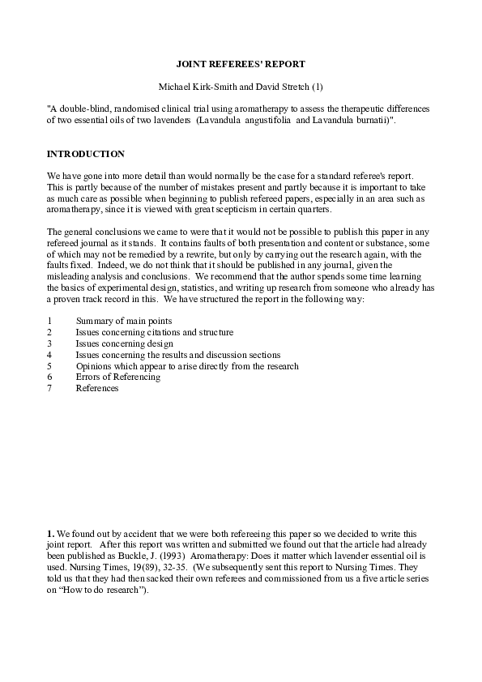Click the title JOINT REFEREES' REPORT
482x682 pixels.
[241, 63]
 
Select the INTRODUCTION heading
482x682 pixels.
[86, 154]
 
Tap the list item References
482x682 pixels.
[97, 388]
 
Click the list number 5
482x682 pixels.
[49, 366]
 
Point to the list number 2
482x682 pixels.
[49, 332]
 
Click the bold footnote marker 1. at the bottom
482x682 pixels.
[50, 535]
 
